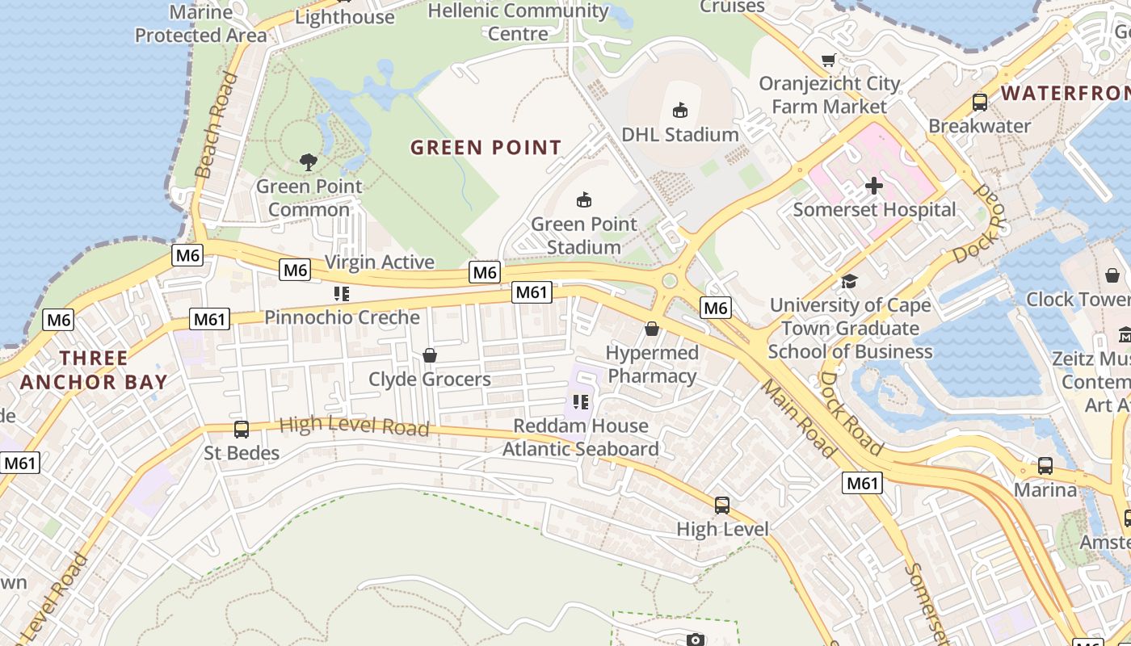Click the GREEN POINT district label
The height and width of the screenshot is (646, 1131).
(x=486, y=148)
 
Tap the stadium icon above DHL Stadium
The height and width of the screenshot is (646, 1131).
(x=680, y=111)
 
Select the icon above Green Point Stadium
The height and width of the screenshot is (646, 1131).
(x=583, y=199)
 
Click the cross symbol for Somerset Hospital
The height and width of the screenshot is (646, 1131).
(x=873, y=187)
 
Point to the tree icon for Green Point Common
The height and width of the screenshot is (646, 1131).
(x=308, y=162)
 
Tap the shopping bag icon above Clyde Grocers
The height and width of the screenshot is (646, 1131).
(x=429, y=355)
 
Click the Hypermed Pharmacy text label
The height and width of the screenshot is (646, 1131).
(x=652, y=365)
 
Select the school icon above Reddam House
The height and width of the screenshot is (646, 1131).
(x=580, y=401)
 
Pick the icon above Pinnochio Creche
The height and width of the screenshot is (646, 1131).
(x=341, y=294)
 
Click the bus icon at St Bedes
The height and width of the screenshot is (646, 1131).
(x=241, y=430)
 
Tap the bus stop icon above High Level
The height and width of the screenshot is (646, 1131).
(x=722, y=505)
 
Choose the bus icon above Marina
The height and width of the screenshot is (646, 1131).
(x=1045, y=466)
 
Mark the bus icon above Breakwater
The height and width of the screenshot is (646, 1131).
(x=979, y=103)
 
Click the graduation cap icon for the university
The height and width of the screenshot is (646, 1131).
(x=848, y=281)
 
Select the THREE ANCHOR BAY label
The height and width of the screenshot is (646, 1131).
(x=94, y=370)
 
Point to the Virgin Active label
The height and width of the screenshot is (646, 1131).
(x=379, y=262)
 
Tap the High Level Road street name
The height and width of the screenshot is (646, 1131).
(x=354, y=426)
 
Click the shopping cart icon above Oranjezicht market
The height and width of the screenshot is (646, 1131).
(x=828, y=61)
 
